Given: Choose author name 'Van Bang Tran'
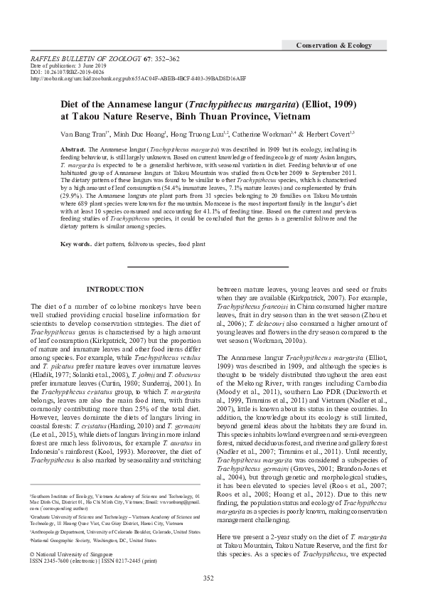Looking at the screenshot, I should (x=82, y=132).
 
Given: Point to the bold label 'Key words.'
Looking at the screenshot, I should (x=76, y=244).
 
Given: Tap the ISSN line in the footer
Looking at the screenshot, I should (x=92, y=560).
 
